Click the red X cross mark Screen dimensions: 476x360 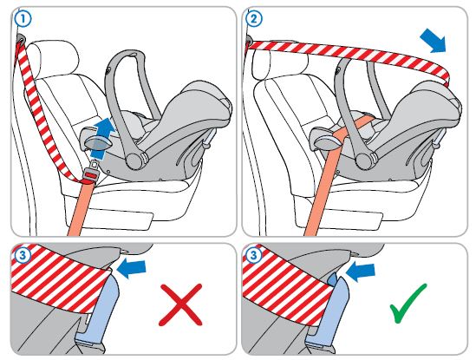(180, 304)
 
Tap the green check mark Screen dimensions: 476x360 (408, 304)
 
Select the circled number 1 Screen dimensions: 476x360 (23, 19)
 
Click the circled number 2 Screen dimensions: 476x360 (254, 19)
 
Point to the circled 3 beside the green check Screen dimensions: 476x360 (253, 255)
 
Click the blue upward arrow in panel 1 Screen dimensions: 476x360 (102, 138)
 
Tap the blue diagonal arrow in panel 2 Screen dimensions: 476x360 (433, 41)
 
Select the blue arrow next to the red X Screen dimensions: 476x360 (132, 268)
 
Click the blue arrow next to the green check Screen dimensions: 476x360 (361, 271)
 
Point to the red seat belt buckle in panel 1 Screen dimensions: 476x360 (90, 175)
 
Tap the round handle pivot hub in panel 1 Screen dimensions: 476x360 (134, 160)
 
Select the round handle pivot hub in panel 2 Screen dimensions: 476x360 (364, 160)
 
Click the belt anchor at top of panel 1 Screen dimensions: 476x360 (21, 38)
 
